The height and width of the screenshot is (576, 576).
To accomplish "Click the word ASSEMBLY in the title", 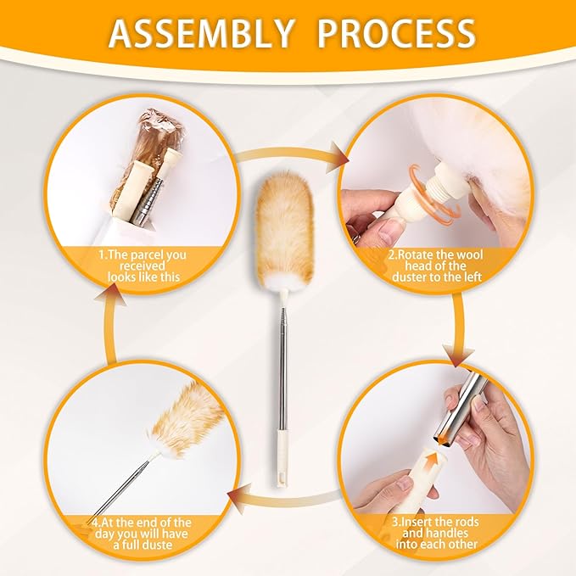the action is (201, 34).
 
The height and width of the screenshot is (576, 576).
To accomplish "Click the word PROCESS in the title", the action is (396, 34).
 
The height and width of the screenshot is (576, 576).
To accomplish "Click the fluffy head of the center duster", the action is (284, 230).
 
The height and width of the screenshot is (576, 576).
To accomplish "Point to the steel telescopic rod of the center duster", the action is (282, 367).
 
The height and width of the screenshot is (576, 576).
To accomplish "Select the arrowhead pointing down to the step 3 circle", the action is (458, 355).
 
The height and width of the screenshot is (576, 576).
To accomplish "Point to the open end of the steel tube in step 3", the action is (445, 439).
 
